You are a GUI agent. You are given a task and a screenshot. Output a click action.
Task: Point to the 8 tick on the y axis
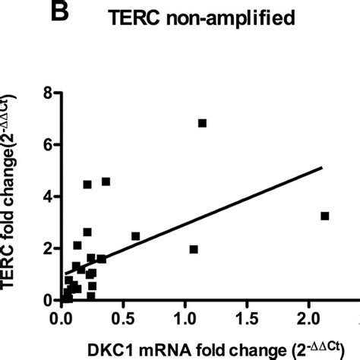click(x=49, y=93)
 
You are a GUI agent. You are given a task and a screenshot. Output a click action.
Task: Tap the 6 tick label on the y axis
click(x=49, y=144)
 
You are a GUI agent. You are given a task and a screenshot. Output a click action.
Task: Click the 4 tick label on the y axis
click(x=49, y=196)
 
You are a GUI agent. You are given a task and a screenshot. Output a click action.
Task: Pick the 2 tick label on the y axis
click(x=49, y=248)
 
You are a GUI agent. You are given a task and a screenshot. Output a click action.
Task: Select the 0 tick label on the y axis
click(x=49, y=300)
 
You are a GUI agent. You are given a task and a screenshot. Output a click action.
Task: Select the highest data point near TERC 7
click(x=202, y=123)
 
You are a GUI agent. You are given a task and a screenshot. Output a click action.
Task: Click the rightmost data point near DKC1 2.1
click(x=325, y=216)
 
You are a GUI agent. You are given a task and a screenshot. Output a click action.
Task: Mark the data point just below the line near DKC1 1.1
click(x=194, y=249)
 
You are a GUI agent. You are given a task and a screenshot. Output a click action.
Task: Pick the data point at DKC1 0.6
click(x=135, y=236)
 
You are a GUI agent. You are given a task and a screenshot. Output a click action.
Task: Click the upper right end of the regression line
click(x=323, y=168)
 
